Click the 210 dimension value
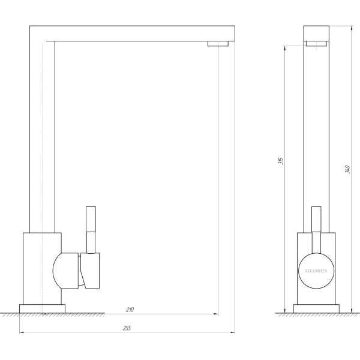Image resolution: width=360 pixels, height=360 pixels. tap(130, 310)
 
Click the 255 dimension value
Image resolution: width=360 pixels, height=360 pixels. tap(127, 328)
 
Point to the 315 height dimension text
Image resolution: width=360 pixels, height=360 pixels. tap(281, 161)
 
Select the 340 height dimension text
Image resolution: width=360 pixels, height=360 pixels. tap(347, 169)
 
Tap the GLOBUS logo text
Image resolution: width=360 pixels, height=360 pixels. tap(316, 271)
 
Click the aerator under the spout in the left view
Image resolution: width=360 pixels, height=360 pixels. tap(218, 44)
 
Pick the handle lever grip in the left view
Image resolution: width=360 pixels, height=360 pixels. tap(91, 219)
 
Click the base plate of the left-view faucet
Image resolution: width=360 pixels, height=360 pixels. tap(42, 308)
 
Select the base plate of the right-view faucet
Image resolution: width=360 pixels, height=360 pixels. tap(316, 308)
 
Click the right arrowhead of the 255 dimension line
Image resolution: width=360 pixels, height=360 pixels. tap(233, 332)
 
